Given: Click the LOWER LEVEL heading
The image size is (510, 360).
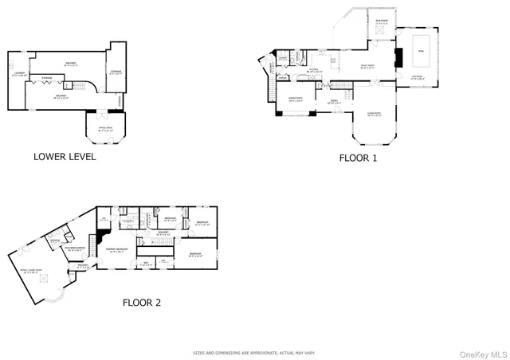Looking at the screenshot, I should (x=65, y=157).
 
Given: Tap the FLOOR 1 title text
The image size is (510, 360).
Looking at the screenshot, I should (x=358, y=158).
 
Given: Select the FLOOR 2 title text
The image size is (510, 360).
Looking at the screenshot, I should (x=141, y=302).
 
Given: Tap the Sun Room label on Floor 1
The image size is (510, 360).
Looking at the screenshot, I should (x=382, y=22).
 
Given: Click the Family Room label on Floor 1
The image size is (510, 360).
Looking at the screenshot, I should (x=368, y=66).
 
